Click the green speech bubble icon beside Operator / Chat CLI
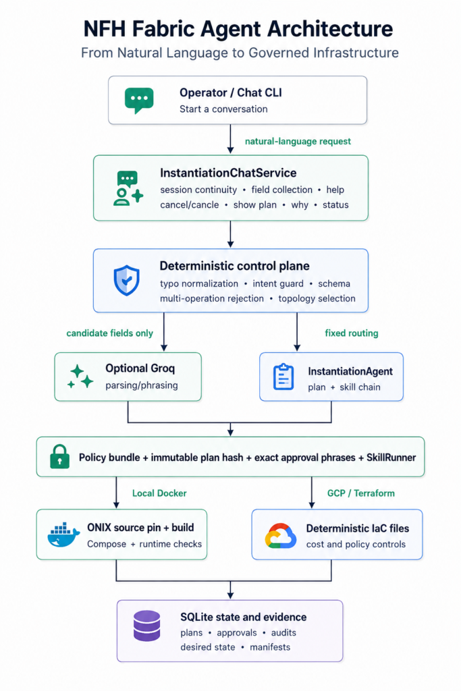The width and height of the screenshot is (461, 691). (x=139, y=100)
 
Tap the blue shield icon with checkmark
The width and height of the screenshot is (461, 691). (x=126, y=280)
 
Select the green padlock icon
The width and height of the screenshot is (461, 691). (x=59, y=456)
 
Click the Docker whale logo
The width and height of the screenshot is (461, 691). (x=63, y=535)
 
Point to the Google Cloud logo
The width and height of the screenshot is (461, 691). (x=280, y=535)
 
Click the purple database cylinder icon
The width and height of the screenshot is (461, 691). (x=146, y=626)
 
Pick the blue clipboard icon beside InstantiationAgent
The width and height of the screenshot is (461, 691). (x=283, y=377)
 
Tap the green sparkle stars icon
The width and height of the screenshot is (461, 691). (x=80, y=377)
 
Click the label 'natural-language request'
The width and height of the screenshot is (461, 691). (x=298, y=142)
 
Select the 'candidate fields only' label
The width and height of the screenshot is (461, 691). (x=110, y=333)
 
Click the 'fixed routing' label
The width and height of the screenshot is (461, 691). (x=352, y=333)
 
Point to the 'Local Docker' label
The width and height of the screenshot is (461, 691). (x=159, y=493)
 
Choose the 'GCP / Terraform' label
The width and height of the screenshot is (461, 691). (x=361, y=493)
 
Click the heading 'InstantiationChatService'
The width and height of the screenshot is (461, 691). (x=228, y=173)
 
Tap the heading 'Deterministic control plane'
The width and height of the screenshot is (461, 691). (x=234, y=266)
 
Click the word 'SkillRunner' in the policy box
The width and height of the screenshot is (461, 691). (x=391, y=458)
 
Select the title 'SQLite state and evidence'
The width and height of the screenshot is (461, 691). (x=243, y=617)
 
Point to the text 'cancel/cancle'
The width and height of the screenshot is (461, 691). (x=190, y=205)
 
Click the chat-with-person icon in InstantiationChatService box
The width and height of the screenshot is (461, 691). (x=128, y=188)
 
